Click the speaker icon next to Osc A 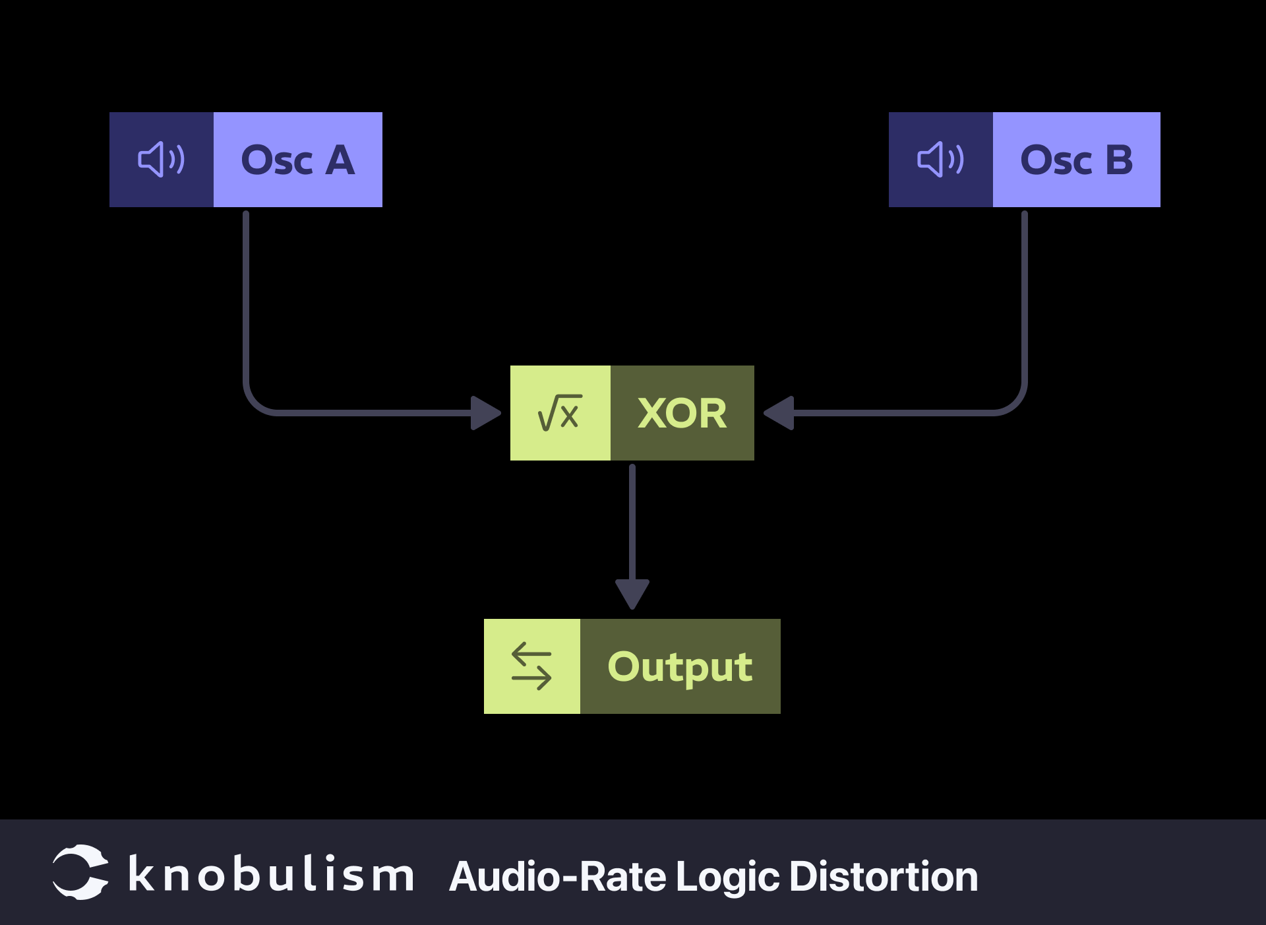[x=162, y=160]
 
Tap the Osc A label [x=297, y=160]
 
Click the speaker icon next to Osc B [x=940, y=160]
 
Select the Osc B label [x=1076, y=160]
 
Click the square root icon [x=560, y=413]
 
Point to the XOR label [x=682, y=413]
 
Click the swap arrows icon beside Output [x=531, y=666]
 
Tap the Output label [x=680, y=666]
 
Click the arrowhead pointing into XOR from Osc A [x=485, y=413]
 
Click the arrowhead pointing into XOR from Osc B [x=779, y=413]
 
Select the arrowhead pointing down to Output [x=632, y=593]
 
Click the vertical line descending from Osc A [x=246, y=297]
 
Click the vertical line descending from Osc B [x=1024, y=297]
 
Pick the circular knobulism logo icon [x=80, y=872]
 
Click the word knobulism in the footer [x=271, y=875]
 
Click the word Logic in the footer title [x=728, y=877]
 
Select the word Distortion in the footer [x=884, y=876]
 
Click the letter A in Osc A [x=340, y=160]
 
